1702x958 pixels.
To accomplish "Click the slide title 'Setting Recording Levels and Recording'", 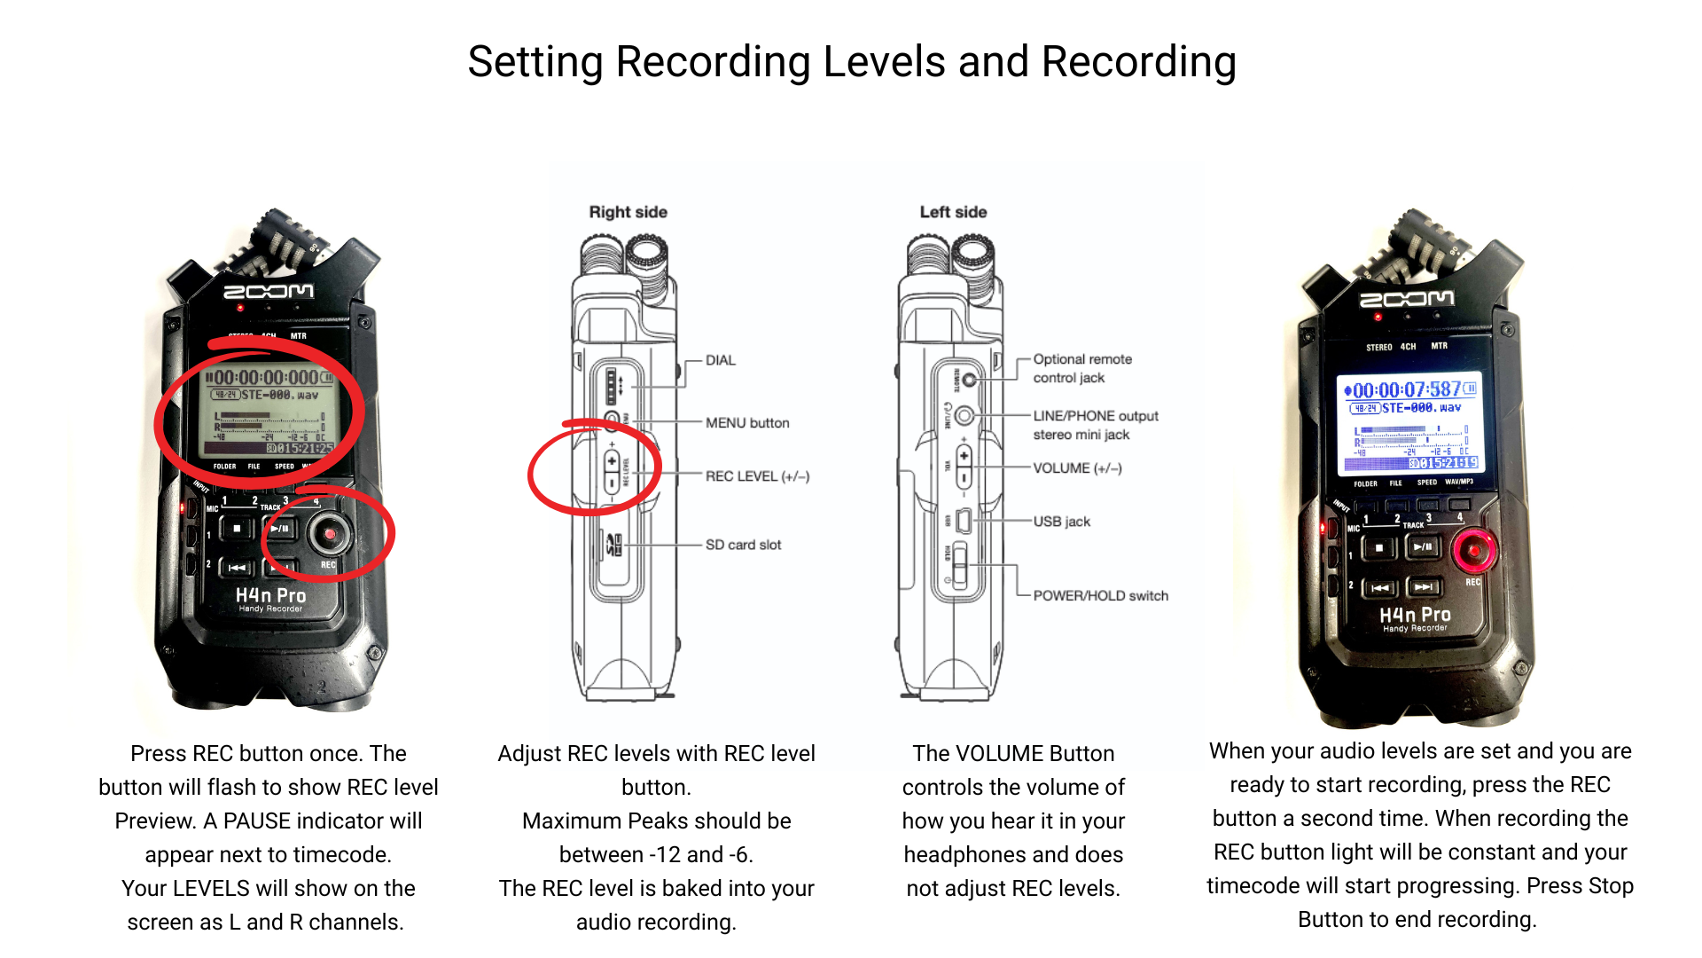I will click(851, 62).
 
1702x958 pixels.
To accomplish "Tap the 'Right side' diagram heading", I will click(628, 212).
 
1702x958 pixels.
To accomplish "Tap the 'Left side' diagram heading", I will click(953, 212).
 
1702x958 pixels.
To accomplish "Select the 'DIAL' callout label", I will click(720, 360).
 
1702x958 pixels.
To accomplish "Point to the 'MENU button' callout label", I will click(746, 423).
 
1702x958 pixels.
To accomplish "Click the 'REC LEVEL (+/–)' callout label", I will click(757, 476).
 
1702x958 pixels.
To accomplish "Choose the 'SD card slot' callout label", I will click(743, 545).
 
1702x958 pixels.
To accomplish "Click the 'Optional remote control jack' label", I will click(1081, 368).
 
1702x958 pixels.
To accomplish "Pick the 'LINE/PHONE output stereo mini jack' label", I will click(1095, 425).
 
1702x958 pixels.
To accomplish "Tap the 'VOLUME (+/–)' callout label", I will click(1077, 468).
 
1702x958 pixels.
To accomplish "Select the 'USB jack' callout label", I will click(1061, 522).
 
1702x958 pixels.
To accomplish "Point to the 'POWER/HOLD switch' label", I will click(1100, 596).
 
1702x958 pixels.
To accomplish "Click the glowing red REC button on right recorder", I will click(1473, 550).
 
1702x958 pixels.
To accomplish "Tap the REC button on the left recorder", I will click(330, 534).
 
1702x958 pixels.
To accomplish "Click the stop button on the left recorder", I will click(237, 529).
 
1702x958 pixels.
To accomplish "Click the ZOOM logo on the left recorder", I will click(268, 292).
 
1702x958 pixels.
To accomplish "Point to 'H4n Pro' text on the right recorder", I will click(1415, 615).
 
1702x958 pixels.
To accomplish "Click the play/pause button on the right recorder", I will click(1423, 547).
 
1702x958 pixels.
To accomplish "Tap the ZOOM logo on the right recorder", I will click(1407, 299).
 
